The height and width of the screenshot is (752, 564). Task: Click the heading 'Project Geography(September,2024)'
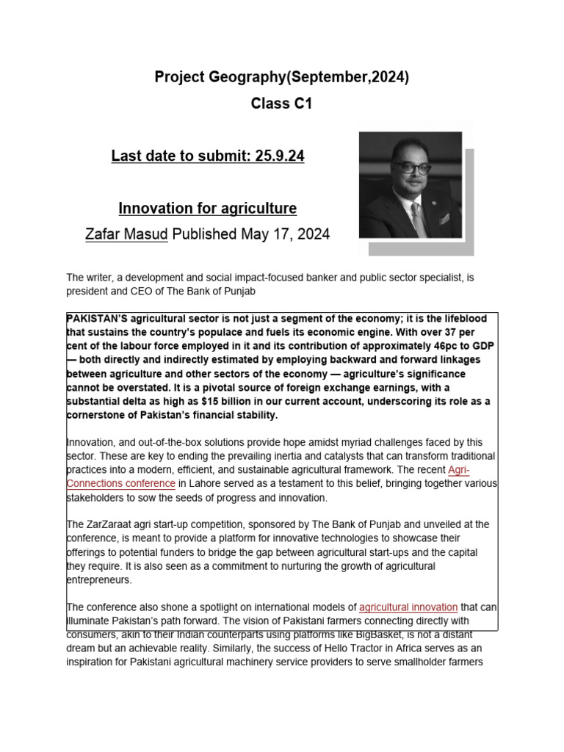[281, 77]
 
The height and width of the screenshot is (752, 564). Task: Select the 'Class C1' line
[281, 104]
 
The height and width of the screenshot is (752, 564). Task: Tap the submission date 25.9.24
[278, 156]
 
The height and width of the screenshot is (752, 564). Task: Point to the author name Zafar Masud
[127, 234]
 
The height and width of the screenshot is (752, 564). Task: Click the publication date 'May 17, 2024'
[285, 234]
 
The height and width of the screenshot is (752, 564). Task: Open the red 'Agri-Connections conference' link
[121, 483]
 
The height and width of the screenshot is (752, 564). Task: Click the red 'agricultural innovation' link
[408, 607]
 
